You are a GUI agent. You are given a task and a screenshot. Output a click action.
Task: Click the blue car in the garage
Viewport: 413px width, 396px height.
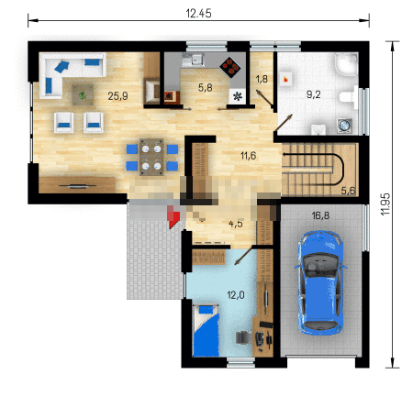(320, 283)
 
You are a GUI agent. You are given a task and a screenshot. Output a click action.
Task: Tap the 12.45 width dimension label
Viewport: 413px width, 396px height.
(198, 14)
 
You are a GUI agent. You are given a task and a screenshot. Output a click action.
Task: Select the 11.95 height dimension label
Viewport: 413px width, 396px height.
(385, 203)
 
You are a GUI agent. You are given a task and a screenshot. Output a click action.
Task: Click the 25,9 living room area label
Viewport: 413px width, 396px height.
(117, 96)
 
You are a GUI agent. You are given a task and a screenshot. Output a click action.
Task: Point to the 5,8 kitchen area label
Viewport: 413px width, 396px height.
(205, 88)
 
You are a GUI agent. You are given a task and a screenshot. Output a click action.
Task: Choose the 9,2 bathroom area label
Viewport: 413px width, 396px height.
(314, 94)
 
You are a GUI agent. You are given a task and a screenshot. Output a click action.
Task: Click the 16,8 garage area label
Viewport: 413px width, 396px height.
(320, 215)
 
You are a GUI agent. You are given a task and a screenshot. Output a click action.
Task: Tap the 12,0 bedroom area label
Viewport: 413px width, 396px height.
(236, 295)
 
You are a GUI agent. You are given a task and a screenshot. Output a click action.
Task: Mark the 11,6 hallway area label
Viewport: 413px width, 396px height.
(248, 156)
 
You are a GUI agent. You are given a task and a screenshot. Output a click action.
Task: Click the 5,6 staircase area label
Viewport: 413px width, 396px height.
(348, 191)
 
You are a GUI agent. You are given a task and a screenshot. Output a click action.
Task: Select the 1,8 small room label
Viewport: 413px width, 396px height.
(262, 79)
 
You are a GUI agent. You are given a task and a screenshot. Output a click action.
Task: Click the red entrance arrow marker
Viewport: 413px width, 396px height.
(173, 216)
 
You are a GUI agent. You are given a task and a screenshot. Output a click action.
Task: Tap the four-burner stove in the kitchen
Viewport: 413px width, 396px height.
(230, 66)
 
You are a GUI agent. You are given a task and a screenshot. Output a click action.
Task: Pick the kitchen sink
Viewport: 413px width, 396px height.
(193, 60)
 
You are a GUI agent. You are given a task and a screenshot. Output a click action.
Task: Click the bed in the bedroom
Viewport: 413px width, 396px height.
(206, 330)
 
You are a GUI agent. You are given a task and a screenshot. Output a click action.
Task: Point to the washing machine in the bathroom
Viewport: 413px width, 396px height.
(345, 126)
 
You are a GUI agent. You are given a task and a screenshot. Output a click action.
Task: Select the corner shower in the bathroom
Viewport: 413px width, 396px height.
(346, 64)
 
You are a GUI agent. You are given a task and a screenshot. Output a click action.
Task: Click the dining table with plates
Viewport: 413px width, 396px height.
(151, 157)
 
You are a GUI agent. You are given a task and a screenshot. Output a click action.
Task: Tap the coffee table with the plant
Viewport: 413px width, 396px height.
(83, 95)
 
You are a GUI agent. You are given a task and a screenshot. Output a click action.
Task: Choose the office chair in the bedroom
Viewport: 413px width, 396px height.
(244, 337)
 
